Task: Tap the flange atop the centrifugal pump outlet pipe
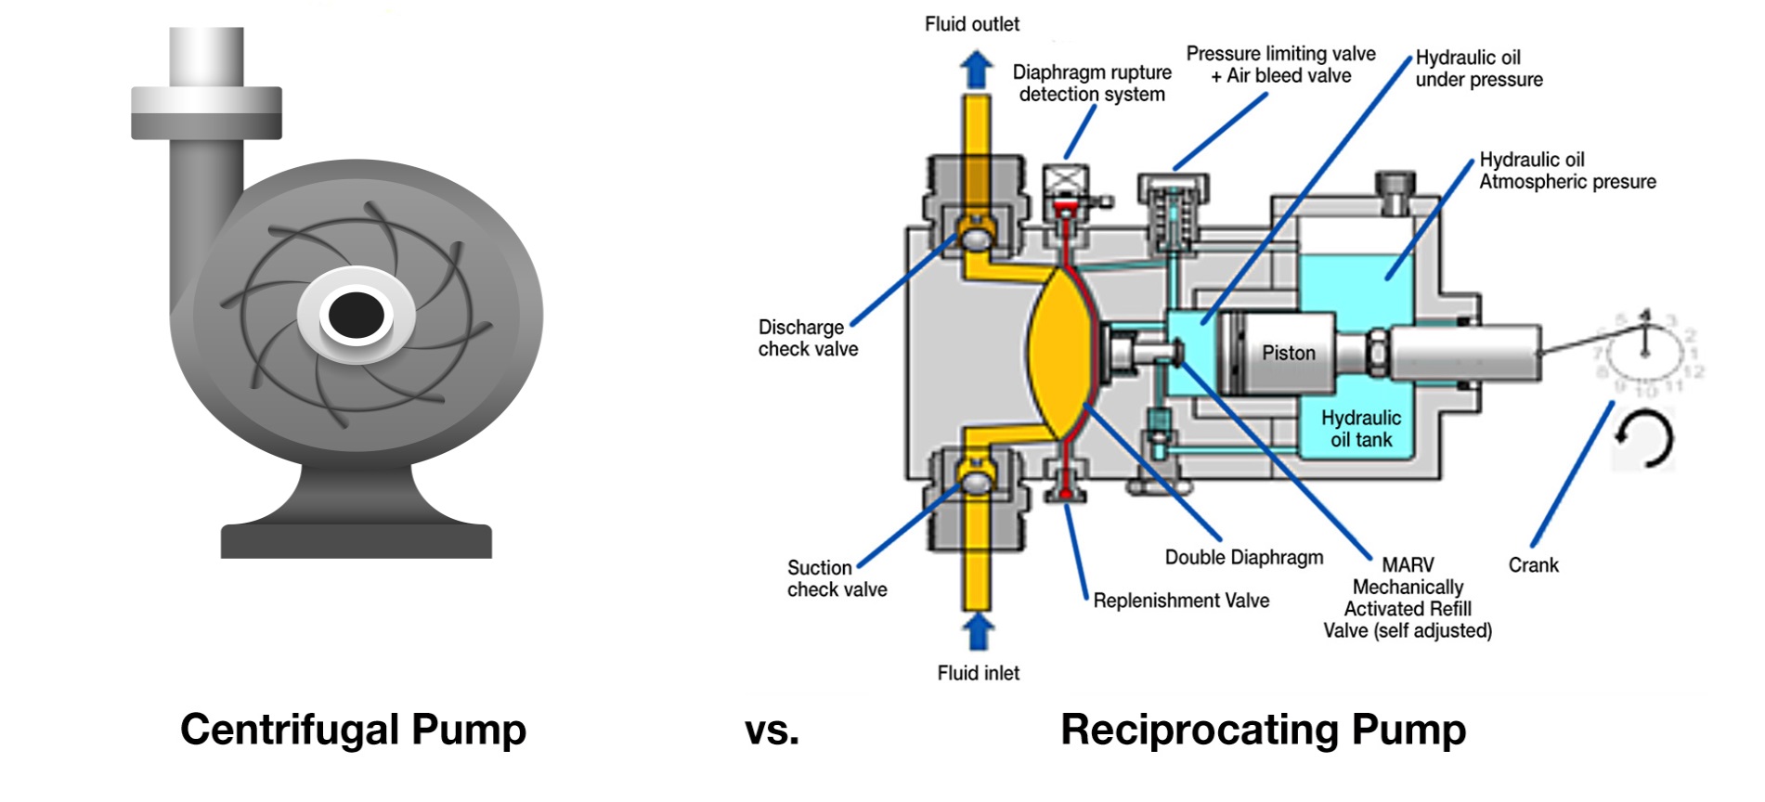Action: pos(206,112)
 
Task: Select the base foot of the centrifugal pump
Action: pos(356,539)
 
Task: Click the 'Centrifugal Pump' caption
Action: pos(353,729)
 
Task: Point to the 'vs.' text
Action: pos(772,731)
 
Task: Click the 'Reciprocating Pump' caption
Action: pos(1263,729)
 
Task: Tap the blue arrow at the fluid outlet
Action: pos(976,69)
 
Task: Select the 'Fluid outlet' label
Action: pos(971,24)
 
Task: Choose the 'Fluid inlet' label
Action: pos(978,673)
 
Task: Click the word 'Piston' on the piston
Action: pos(1288,353)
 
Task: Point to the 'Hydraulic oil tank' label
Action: pos(1361,429)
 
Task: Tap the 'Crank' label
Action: pos(1533,565)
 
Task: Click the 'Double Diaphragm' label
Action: pos(1243,557)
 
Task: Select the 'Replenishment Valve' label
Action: pos(1180,601)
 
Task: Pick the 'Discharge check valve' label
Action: pos(808,338)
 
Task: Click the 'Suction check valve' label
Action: pos(837,578)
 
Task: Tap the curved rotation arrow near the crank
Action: pos(1644,439)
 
